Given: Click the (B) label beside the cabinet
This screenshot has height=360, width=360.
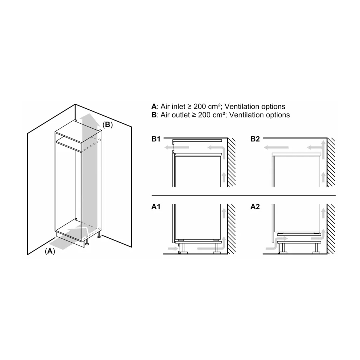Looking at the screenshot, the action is [108, 125].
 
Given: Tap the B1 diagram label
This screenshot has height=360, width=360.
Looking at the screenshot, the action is [156, 139].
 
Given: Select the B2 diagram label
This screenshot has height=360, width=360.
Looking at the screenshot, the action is [255, 139].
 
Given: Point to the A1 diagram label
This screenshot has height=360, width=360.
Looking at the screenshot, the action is [156, 207].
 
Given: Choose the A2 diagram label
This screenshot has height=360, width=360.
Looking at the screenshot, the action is [255, 207].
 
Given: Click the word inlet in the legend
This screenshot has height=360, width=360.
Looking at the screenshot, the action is [179, 107].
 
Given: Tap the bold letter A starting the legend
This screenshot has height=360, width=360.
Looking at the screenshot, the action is [154, 107].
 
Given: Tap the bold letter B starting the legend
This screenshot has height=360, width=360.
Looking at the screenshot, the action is [154, 115].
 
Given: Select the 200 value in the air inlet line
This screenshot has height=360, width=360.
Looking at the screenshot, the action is [200, 107].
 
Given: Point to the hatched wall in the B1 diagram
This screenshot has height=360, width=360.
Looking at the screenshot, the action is [231, 162].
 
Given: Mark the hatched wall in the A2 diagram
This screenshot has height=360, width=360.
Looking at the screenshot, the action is [331, 229].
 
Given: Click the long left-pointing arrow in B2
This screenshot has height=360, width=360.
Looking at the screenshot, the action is [276, 147].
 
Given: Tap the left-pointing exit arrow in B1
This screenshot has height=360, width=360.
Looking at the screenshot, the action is [177, 147].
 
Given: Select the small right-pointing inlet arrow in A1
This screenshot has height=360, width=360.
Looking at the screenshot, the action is [173, 249].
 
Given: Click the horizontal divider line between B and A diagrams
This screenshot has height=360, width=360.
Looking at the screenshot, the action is [244, 195].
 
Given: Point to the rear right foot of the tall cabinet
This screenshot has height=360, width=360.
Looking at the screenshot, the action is [99, 235].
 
